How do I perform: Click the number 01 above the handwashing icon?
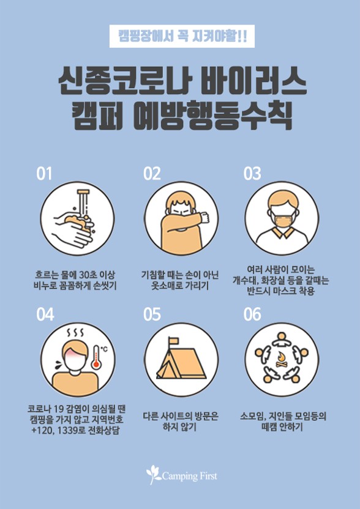click(44, 174)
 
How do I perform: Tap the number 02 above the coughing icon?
click(152, 174)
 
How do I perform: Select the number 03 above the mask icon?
click(252, 174)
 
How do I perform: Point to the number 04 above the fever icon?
click(45, 314)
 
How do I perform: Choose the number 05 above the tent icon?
click(152, 314)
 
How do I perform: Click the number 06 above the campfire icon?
click(252, 314)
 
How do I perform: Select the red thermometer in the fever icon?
click(97, 357)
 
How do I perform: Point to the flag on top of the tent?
click(173, 341)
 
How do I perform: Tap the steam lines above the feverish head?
click(75, 333)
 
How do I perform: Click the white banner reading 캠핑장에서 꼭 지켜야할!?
click(182, 36)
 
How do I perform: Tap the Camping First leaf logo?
click(153, 475)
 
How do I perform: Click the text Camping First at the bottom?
click(189, 476)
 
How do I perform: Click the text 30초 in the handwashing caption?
click(88, 275)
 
